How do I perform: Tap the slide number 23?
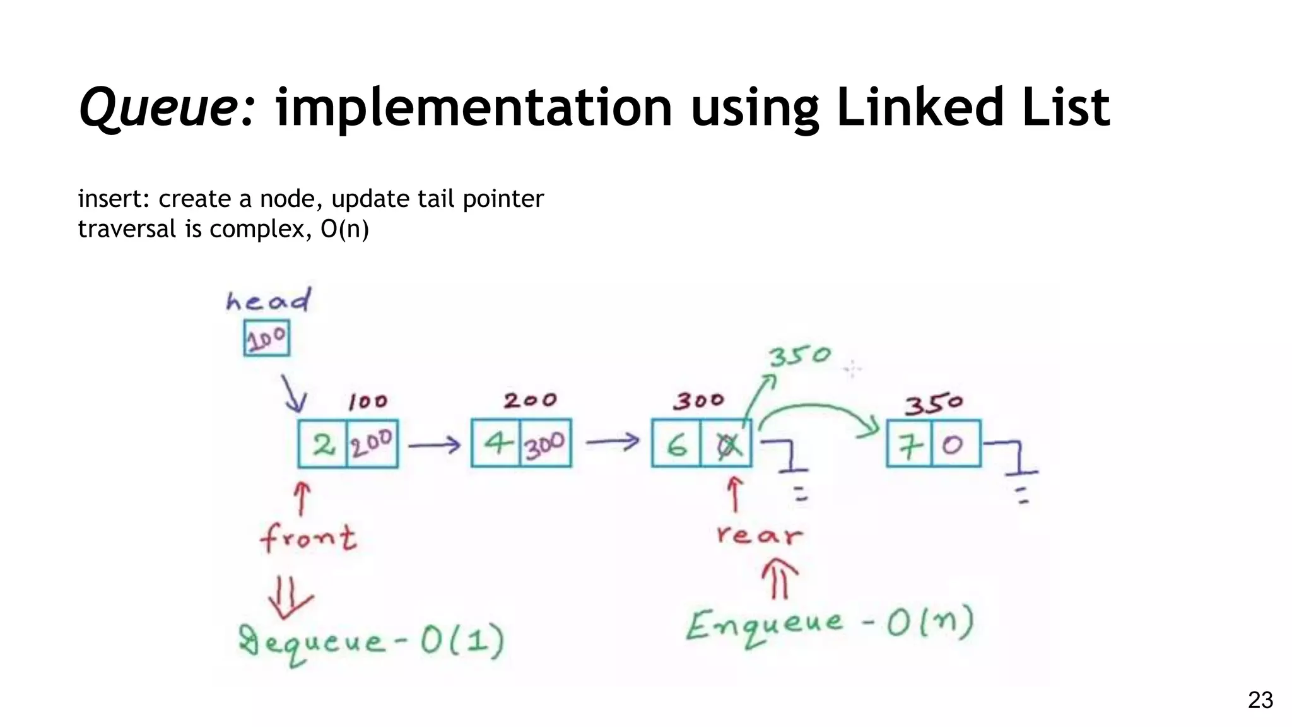click(1260, 700)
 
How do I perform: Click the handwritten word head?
click(269, 301)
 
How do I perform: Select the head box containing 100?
click(267, 339)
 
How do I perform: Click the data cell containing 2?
click(323, 444)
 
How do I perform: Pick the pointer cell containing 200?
click(372, 444)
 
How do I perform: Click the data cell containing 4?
click(496, 443)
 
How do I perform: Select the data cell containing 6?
click(676, 444)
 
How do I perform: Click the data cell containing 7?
click(909, 444)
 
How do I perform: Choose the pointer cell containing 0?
click(955, 444)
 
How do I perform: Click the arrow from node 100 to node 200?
click(435, 446)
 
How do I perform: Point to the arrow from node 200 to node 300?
click(612, 442)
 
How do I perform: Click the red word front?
click(308, 538)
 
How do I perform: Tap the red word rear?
click(760, 536)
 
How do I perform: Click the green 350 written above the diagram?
click(799, 356)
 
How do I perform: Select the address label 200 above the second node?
click(530, 400)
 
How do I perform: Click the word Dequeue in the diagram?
click(312, 642)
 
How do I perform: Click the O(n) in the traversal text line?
click(344, 228)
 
